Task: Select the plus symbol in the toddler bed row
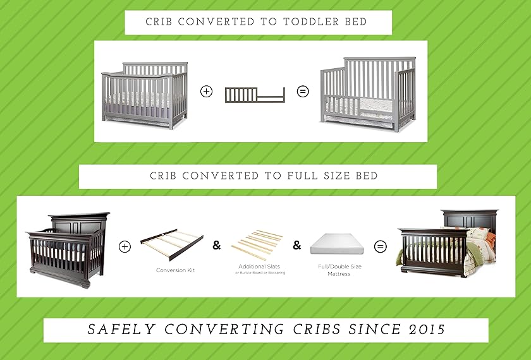[206, 92]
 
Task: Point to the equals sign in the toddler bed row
[303, 92]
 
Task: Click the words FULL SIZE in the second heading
[311, 176]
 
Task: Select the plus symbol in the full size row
[125, 247]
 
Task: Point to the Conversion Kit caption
[175, 270]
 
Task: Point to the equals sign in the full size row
[380, 247]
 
